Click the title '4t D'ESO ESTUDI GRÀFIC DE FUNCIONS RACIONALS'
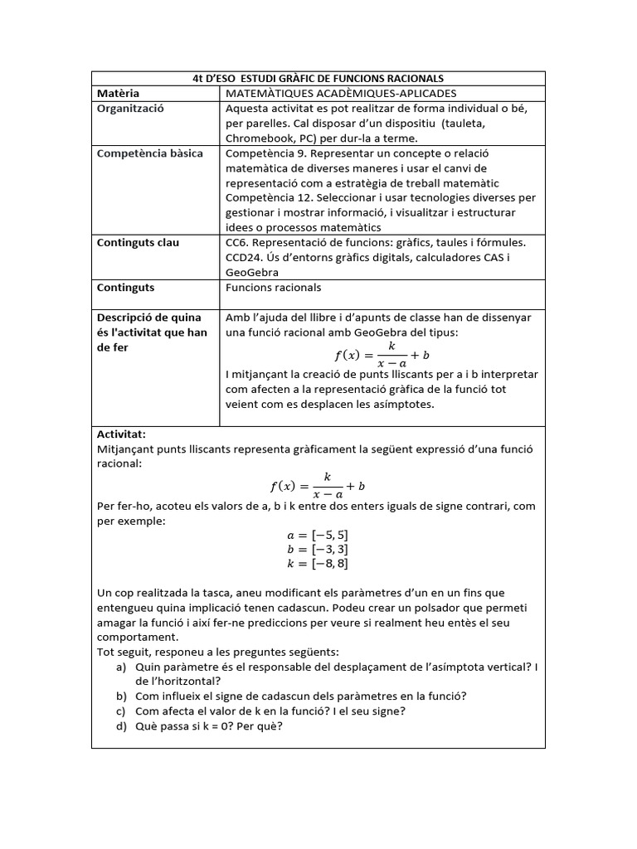[x=318, y=78]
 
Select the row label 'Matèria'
[x=118, y=94]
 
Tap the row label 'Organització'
[x=131, y=109]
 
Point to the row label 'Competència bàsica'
[x=149, y=153]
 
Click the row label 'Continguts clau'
[x=138, y=243]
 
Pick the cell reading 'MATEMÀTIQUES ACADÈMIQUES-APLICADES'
[x=341, y=94]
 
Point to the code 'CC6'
[x=236, y=243]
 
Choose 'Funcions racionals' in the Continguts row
[x=273, y=288]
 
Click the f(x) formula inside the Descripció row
[x=381, y=355]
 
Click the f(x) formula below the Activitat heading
[x=318, y=485]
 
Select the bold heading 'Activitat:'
[x=121, y=434]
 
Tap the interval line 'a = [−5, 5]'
[x=318, y=535]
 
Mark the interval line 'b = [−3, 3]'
[x=318, y=549]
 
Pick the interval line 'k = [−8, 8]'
[x=318, y=564]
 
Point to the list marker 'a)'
[x=122, y=667]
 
